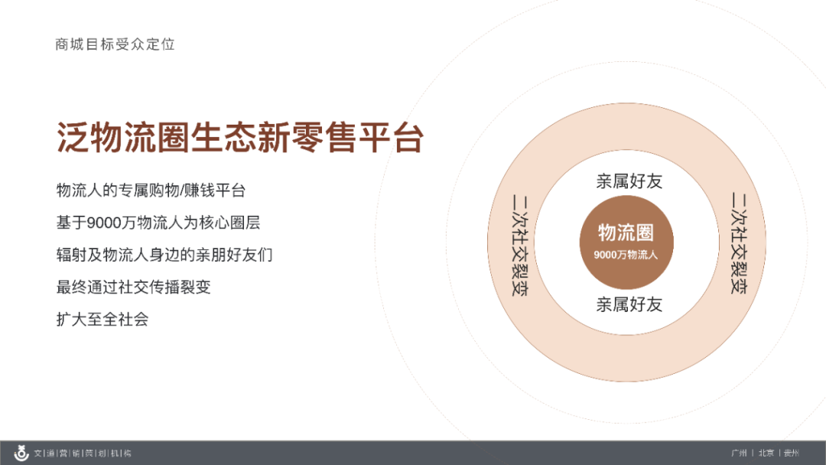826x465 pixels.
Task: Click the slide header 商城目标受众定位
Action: tap(115, 44)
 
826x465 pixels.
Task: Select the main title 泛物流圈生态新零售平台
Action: tap(240, 138)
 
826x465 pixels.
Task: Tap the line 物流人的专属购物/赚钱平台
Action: tap(151, 190)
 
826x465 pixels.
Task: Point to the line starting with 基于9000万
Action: tap(158, 223)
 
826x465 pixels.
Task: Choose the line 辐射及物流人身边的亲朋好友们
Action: tap(164, 255)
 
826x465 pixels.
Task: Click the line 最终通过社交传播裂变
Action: tap(133, 287)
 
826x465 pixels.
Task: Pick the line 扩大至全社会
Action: tap(102, 319)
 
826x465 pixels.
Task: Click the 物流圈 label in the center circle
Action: tap(626, 232)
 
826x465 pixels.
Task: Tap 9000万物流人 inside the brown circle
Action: tap(626, 255)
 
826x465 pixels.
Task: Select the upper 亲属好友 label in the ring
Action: tap(629, 180)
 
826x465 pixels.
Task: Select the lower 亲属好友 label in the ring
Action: tap(629, 304)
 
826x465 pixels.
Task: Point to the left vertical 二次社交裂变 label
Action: tap(520, 245)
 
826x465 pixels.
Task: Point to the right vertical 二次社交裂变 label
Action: tap(739, 242)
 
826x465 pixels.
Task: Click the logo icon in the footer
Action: tap(21, 453)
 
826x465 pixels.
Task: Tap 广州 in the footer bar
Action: tap(739, 453)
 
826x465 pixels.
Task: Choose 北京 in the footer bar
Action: tap(766, 453)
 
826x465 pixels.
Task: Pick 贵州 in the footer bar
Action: tap(792, 453)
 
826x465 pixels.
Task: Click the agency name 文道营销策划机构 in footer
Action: tap(83, 453)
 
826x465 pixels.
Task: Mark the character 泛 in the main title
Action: tap(72, 138)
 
